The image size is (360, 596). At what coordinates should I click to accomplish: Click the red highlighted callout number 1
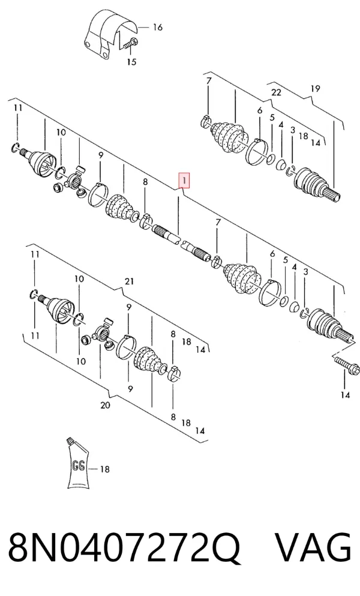pos(184,181)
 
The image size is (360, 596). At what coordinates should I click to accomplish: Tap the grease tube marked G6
pos(78,463)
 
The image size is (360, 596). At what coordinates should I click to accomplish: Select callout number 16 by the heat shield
pos(157,28)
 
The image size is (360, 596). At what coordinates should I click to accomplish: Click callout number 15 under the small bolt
pos(131,62)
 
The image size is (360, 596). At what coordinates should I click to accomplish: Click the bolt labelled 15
pos(130,44)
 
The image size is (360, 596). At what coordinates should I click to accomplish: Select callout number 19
pos(315,89)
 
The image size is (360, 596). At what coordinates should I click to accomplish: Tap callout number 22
pos(276,92)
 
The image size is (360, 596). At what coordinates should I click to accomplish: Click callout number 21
pos(129,281)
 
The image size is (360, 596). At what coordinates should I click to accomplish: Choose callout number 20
pos(106,405)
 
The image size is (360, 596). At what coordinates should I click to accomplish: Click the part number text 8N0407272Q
pos(124,547)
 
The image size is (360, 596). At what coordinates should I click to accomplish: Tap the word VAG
pos(313,547)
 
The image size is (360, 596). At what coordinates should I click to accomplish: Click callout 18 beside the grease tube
pos(104,469)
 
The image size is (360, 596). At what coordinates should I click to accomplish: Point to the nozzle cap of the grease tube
pos(70,441)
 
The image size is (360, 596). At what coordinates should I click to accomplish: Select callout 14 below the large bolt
pos(345,396)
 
